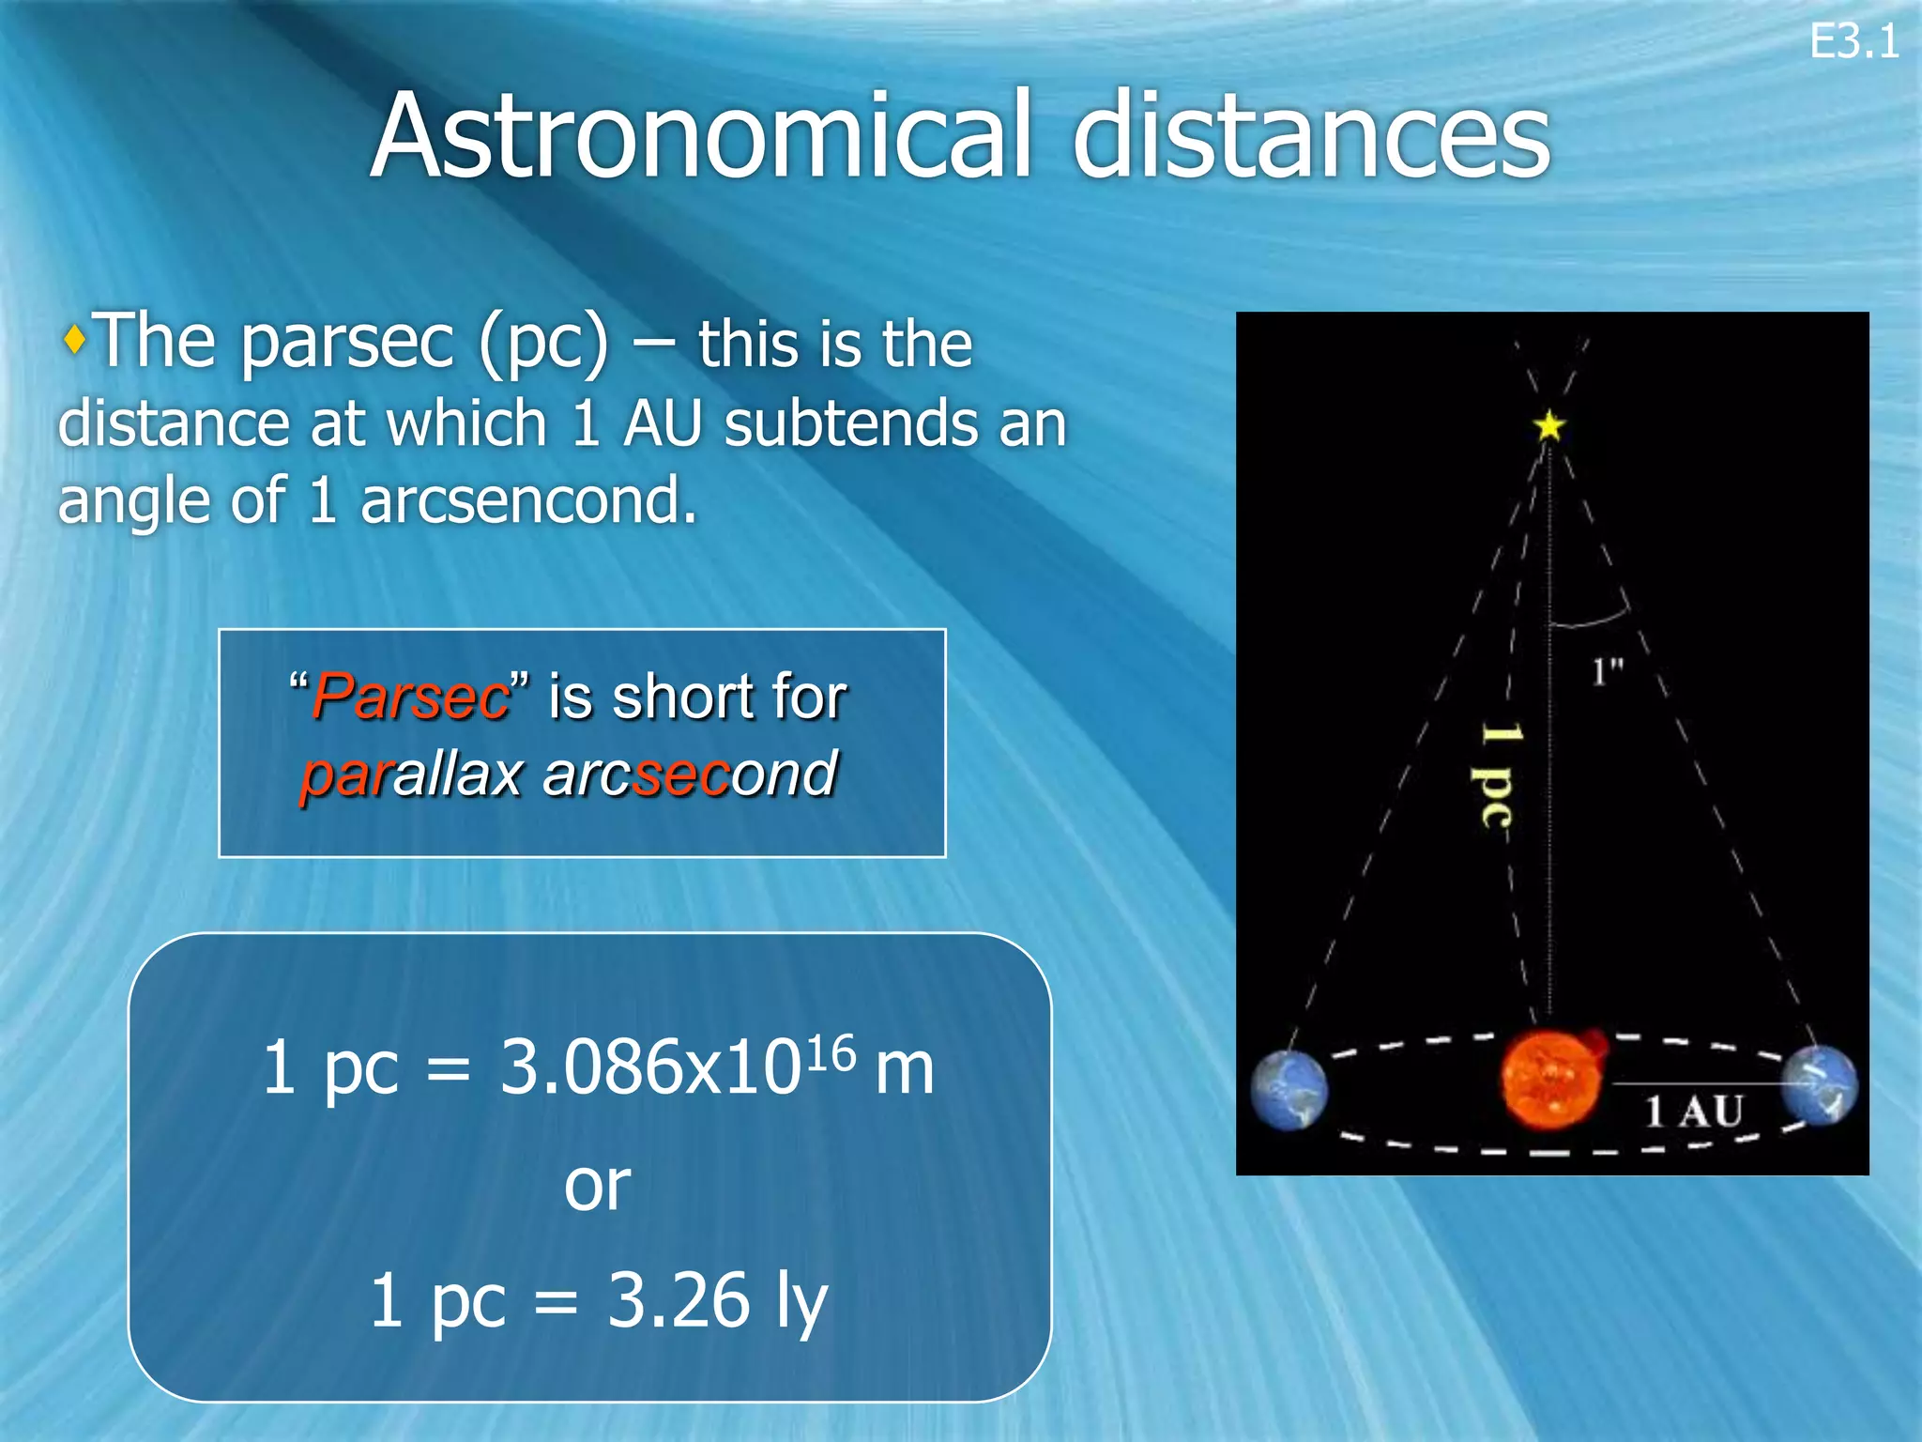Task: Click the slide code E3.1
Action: pos(1853,42)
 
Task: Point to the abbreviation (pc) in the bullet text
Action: pos(542,344)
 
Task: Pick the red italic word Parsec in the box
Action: pos(411,697)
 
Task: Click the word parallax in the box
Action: pos(411,775)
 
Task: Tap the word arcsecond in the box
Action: pos(690,775)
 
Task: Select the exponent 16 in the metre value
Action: pos(831,1052)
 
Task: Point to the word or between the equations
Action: pos(597,1185)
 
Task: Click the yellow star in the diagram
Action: pos(1549,426)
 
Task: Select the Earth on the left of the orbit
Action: pos(1289,1089)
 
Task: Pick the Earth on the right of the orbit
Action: pos(1819,1083)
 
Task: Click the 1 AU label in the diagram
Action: pos(1694,1112)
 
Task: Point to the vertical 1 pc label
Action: pos(1498,775)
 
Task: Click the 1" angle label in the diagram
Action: pos(1607,671)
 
